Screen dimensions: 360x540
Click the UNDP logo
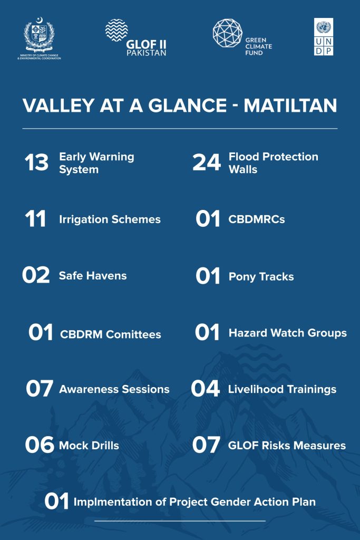324,37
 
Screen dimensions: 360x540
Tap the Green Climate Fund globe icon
228,33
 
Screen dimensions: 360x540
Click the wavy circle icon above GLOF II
116,30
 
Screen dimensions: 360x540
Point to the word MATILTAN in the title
290,105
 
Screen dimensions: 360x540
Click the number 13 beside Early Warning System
36,162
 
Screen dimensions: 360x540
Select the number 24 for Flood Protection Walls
207,162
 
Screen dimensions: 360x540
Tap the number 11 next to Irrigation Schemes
35,219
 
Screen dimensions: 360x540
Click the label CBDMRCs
256,219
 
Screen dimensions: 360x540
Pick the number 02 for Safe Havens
36,275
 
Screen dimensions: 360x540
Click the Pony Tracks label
261,277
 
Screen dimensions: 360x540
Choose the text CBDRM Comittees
111,334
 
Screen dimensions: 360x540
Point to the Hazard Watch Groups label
288,333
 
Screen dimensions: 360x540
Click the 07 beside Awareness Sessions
40,389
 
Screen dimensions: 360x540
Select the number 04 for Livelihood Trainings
206,389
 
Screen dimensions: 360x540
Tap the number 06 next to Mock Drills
40,445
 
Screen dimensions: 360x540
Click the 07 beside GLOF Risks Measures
206,445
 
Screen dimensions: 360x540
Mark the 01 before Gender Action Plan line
56,501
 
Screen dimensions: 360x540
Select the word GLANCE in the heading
187,105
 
